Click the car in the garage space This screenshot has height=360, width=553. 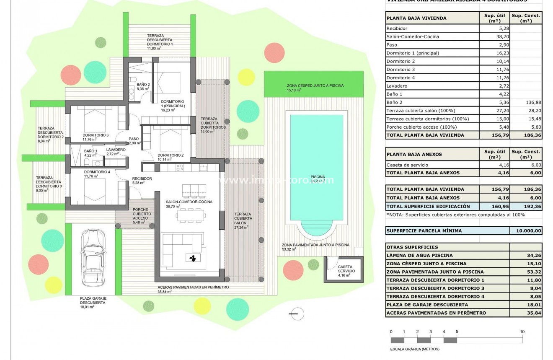(90, 257)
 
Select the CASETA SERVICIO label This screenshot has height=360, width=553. (345, 269)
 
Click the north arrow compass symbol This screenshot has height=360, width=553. (297, 313)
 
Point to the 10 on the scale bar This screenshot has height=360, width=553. (522, 332)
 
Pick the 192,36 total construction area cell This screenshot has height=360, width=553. (526, 206)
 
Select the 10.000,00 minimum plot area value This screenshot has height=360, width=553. (526, 231)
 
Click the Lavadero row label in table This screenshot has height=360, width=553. (397, 86)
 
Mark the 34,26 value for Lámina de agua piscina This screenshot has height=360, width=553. (526, 255)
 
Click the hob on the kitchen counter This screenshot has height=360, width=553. (180, 168)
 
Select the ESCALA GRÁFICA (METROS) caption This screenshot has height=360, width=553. (409, 349)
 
